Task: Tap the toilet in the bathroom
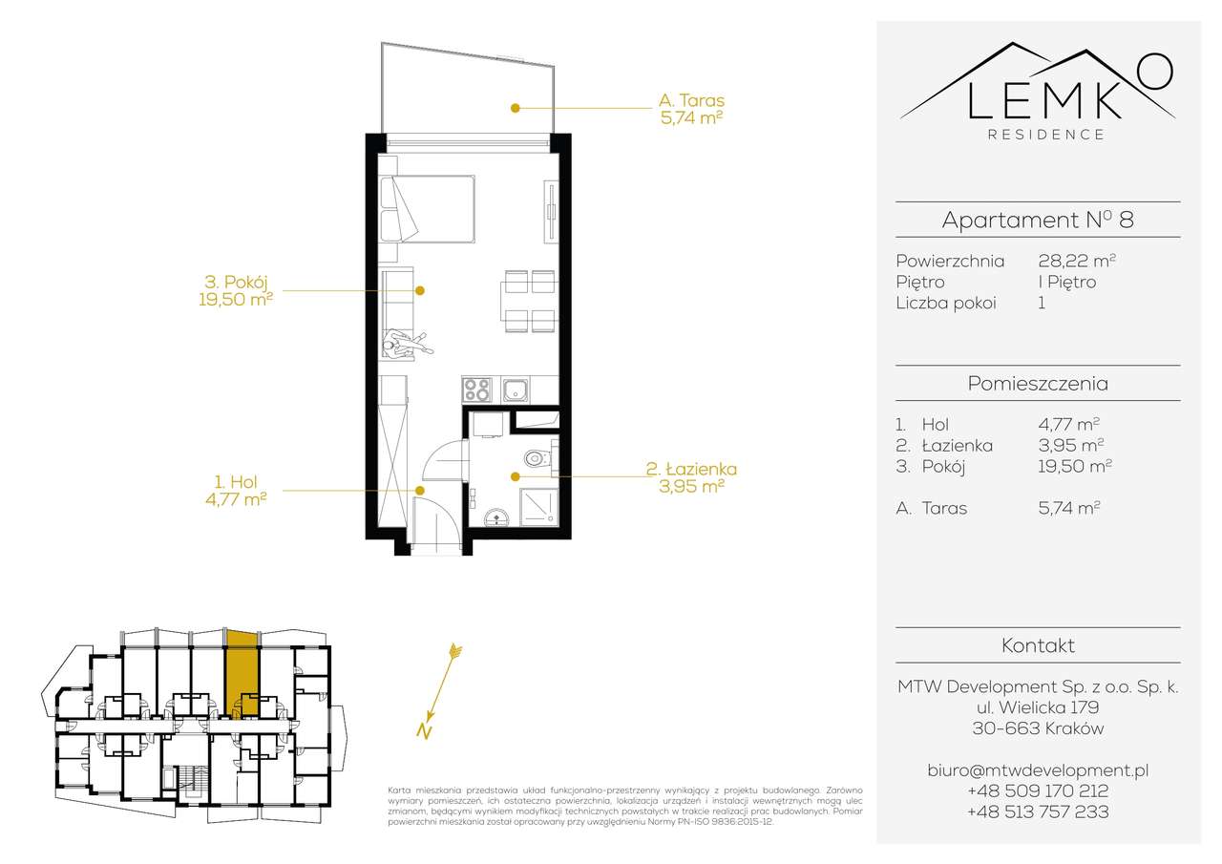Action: (x=540, y=459)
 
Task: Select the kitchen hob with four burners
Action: (x=476, y=390)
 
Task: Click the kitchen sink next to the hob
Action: (x=516, y=390)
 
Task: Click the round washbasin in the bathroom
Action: (x=496, y=517)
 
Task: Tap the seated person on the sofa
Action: (x=402, y=341)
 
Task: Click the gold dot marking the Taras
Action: (x=515, y=108)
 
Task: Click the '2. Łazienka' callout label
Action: (x=691, y=477)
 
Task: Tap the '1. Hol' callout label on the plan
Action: (x=235, y=490)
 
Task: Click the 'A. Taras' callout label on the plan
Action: (x=691, y=109)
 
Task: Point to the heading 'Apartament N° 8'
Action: (x=1038, y=221)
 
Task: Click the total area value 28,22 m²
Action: (x=1077, y=261)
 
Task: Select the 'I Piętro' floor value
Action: (x=1066, y=282)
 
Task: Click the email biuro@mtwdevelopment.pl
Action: (x=1038, y=769)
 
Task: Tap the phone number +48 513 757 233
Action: (x=1038, y=812)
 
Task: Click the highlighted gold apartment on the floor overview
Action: (x=242, y=671)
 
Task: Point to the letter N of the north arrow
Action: (x=422, y=732)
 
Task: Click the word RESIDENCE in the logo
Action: (x=1046, y=135)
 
